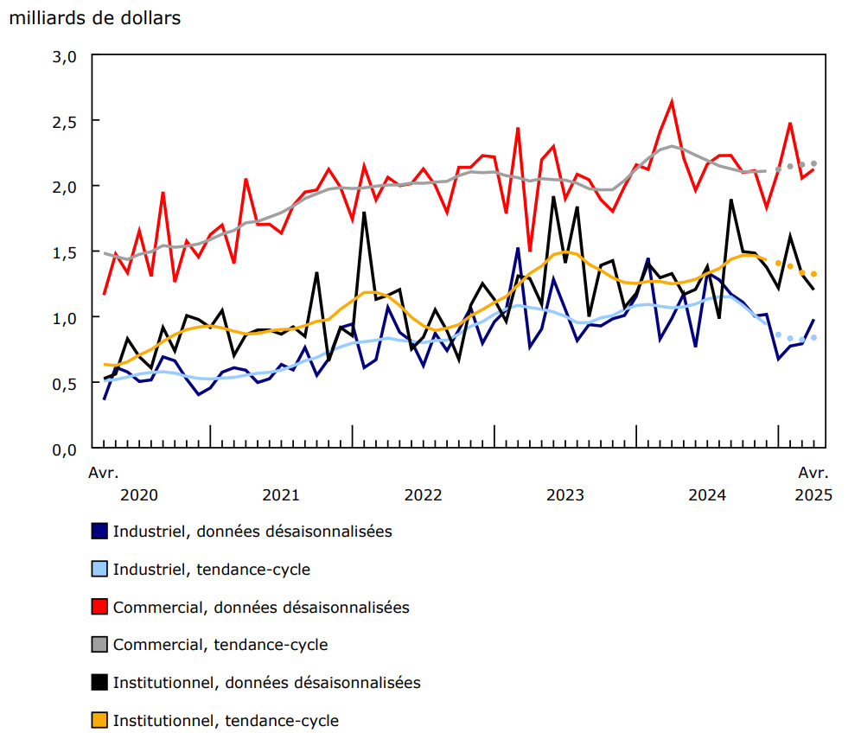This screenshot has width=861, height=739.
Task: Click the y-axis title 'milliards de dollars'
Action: coord(95,18)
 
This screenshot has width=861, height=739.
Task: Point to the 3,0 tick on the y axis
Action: coord(66,57)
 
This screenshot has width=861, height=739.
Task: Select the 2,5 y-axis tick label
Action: coord(66,121)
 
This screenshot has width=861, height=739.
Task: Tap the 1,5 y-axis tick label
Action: coord(66,252)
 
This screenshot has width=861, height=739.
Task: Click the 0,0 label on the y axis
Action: coord(66,449)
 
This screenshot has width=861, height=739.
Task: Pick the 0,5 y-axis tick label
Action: coord(66,384)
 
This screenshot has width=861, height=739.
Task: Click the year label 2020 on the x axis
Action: coord(138,495)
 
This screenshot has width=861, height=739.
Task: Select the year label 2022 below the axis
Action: coord(423,495)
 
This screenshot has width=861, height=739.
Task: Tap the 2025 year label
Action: coord(813,495)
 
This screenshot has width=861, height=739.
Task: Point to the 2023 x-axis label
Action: coord(564,495)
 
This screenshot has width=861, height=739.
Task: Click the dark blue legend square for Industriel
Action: coord(100,532)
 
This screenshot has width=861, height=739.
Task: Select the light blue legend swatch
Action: coord(100,570)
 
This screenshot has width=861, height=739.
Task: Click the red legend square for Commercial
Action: coord(100,608)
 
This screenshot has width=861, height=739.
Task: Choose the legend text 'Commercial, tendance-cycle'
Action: coord(220,645)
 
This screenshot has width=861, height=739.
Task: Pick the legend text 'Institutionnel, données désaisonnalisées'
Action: coord(266,683)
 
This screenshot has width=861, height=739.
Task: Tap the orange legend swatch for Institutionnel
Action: coord(100,720)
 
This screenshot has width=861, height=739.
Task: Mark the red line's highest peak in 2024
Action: coord(672,102)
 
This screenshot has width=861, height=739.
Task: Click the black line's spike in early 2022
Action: coord(364,213)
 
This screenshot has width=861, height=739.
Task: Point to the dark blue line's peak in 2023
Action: coord(518,249)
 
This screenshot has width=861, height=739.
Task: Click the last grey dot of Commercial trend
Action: coord(813,164)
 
